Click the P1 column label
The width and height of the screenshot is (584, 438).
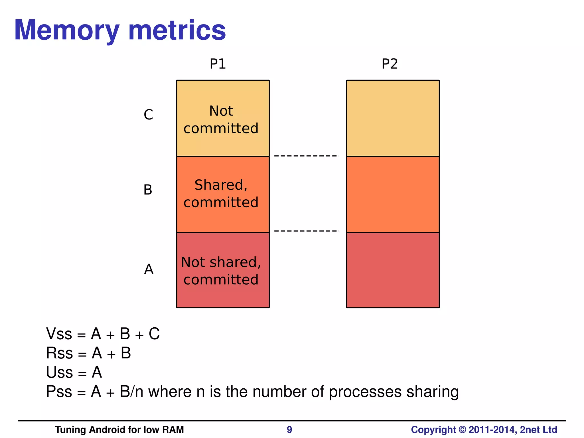point(218,64)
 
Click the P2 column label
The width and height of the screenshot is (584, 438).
point(390,64)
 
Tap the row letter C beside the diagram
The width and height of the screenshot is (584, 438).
point(148,115)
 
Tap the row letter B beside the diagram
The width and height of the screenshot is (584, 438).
point(148,190)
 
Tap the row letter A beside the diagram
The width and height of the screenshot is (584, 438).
point(149,269)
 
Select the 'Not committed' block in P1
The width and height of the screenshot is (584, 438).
point(223,118)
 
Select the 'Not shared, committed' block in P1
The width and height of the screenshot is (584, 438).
point(223,270)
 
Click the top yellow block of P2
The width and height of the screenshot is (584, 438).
point(393,118)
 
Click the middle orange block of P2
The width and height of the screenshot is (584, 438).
point(393,194)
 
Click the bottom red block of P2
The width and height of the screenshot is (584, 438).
point(393,270)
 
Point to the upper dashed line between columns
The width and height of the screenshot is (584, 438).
point(307,156)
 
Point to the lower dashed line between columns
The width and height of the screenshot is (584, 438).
point(307,231)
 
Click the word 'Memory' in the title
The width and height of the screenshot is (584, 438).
point(67,30)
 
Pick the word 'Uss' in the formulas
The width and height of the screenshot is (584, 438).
point(60,372)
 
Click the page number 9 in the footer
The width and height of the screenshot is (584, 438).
point(289,430)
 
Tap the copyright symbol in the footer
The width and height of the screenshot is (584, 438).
point(462,430)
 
